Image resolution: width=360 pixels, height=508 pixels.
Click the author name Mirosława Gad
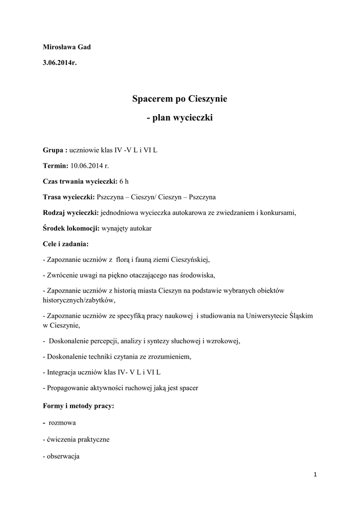coord(67,47)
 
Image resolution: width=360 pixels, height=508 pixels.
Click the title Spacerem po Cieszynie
coord(179,99)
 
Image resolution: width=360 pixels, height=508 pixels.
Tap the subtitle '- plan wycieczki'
coord(179,119)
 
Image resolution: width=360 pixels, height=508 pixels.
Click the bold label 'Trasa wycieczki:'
coord(69,197)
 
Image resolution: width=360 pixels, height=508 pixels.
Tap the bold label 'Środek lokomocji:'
coord(71,229)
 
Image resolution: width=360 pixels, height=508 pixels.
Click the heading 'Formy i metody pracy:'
coord(78,406)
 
